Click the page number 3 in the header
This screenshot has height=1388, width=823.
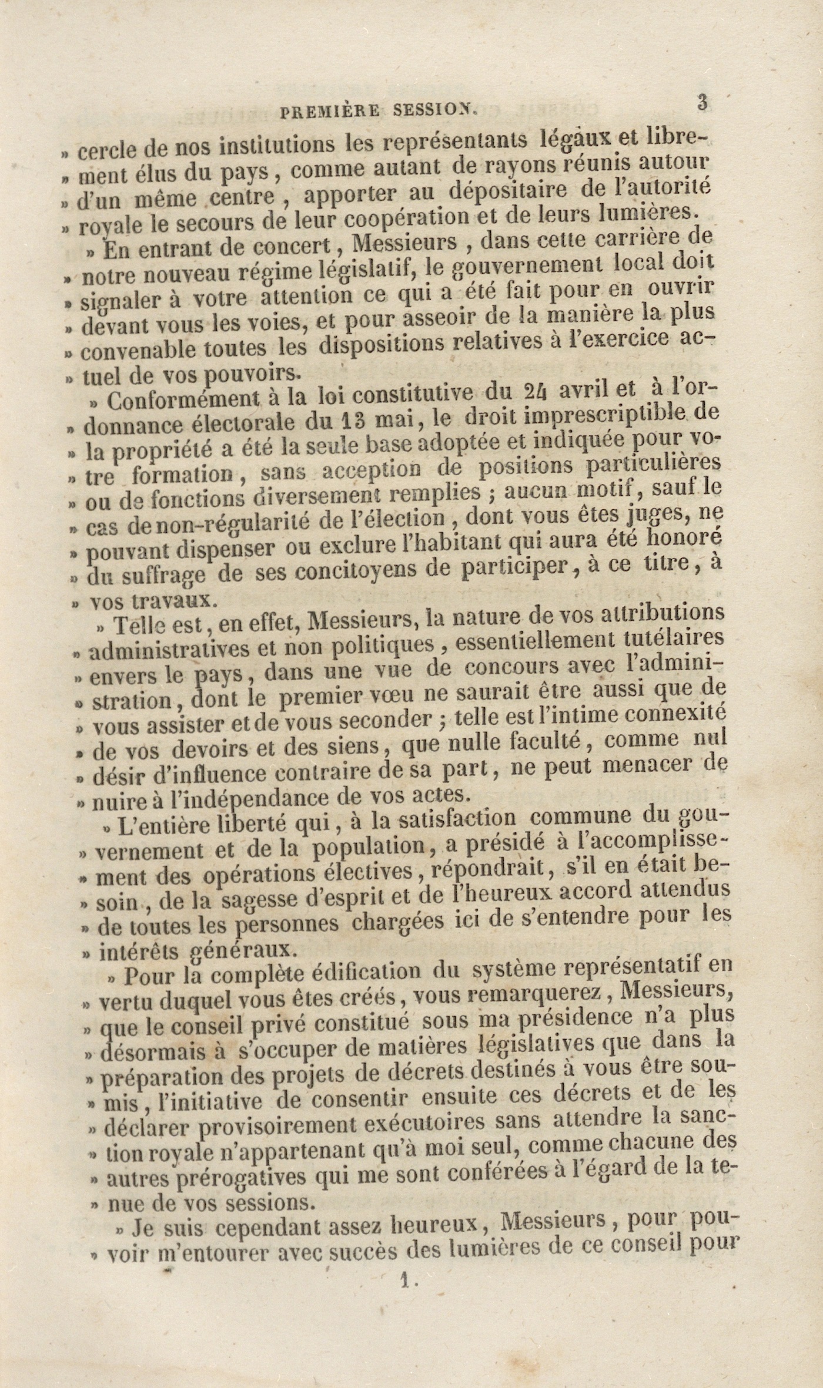click(x=701, y=102)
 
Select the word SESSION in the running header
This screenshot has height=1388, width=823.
click(x=437, y=109)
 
